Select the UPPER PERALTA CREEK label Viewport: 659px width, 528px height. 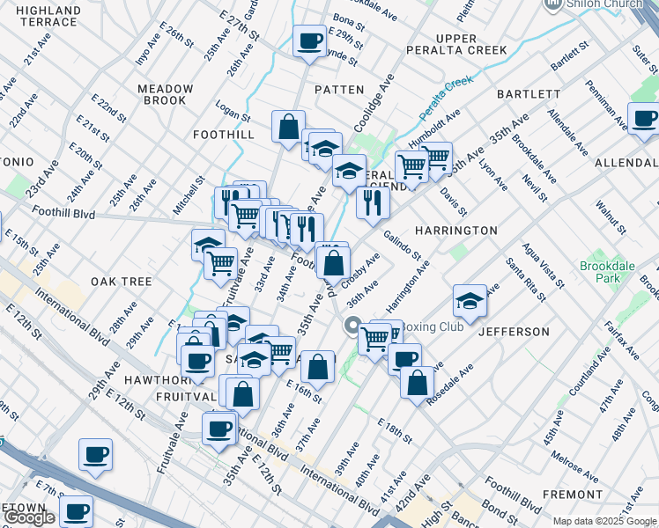456,44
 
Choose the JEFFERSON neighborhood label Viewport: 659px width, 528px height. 514,332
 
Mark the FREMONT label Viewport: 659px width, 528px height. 573,495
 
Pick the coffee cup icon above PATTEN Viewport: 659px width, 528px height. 310,41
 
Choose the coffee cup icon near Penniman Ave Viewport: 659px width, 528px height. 644,119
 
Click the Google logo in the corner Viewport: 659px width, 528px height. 30,517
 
